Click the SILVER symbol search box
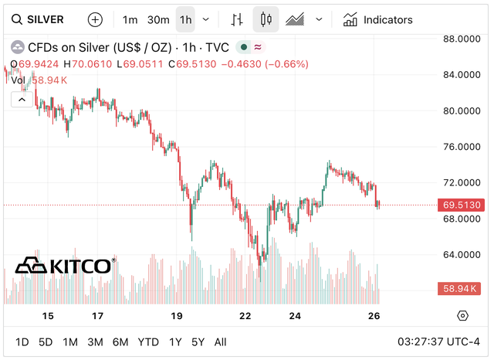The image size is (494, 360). pos(39,19)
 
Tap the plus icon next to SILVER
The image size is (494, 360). pos(94,19)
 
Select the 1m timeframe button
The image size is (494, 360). pos(130,19)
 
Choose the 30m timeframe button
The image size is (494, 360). pos(157,19)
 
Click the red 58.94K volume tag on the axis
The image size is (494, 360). pos(461,289)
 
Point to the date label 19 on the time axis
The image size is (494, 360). pos(177,316)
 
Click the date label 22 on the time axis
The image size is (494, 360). pos(245,316)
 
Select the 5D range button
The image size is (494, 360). pos(46,342)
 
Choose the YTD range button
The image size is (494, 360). pos(148,342)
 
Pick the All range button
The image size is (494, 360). pos(220,342)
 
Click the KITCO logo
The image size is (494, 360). pos(65,266)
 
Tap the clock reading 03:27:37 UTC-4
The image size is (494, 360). pos(437,342)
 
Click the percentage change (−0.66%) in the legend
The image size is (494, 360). pos(285,64)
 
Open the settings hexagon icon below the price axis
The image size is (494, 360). pos(462,316)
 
